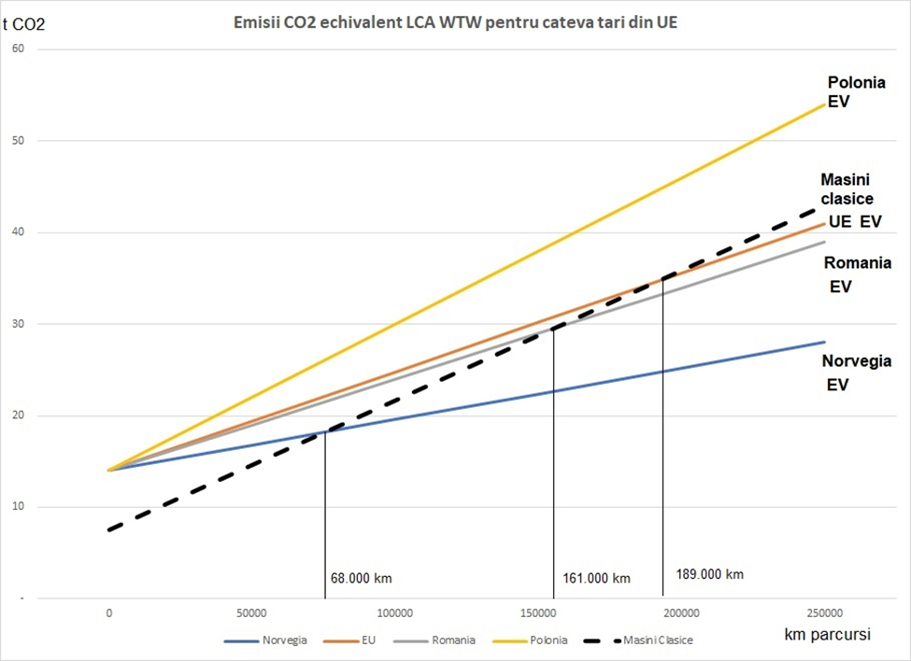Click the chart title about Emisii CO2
(455, 21)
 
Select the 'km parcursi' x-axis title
(828, 634)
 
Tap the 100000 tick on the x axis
(395, 613)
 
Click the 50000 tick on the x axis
(252, 613)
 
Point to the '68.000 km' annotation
(361, 578)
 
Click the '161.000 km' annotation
(596, 578)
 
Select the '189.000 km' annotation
(708, 574)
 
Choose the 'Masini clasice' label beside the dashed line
(847, 189)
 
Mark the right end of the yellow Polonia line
(824, 103)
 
